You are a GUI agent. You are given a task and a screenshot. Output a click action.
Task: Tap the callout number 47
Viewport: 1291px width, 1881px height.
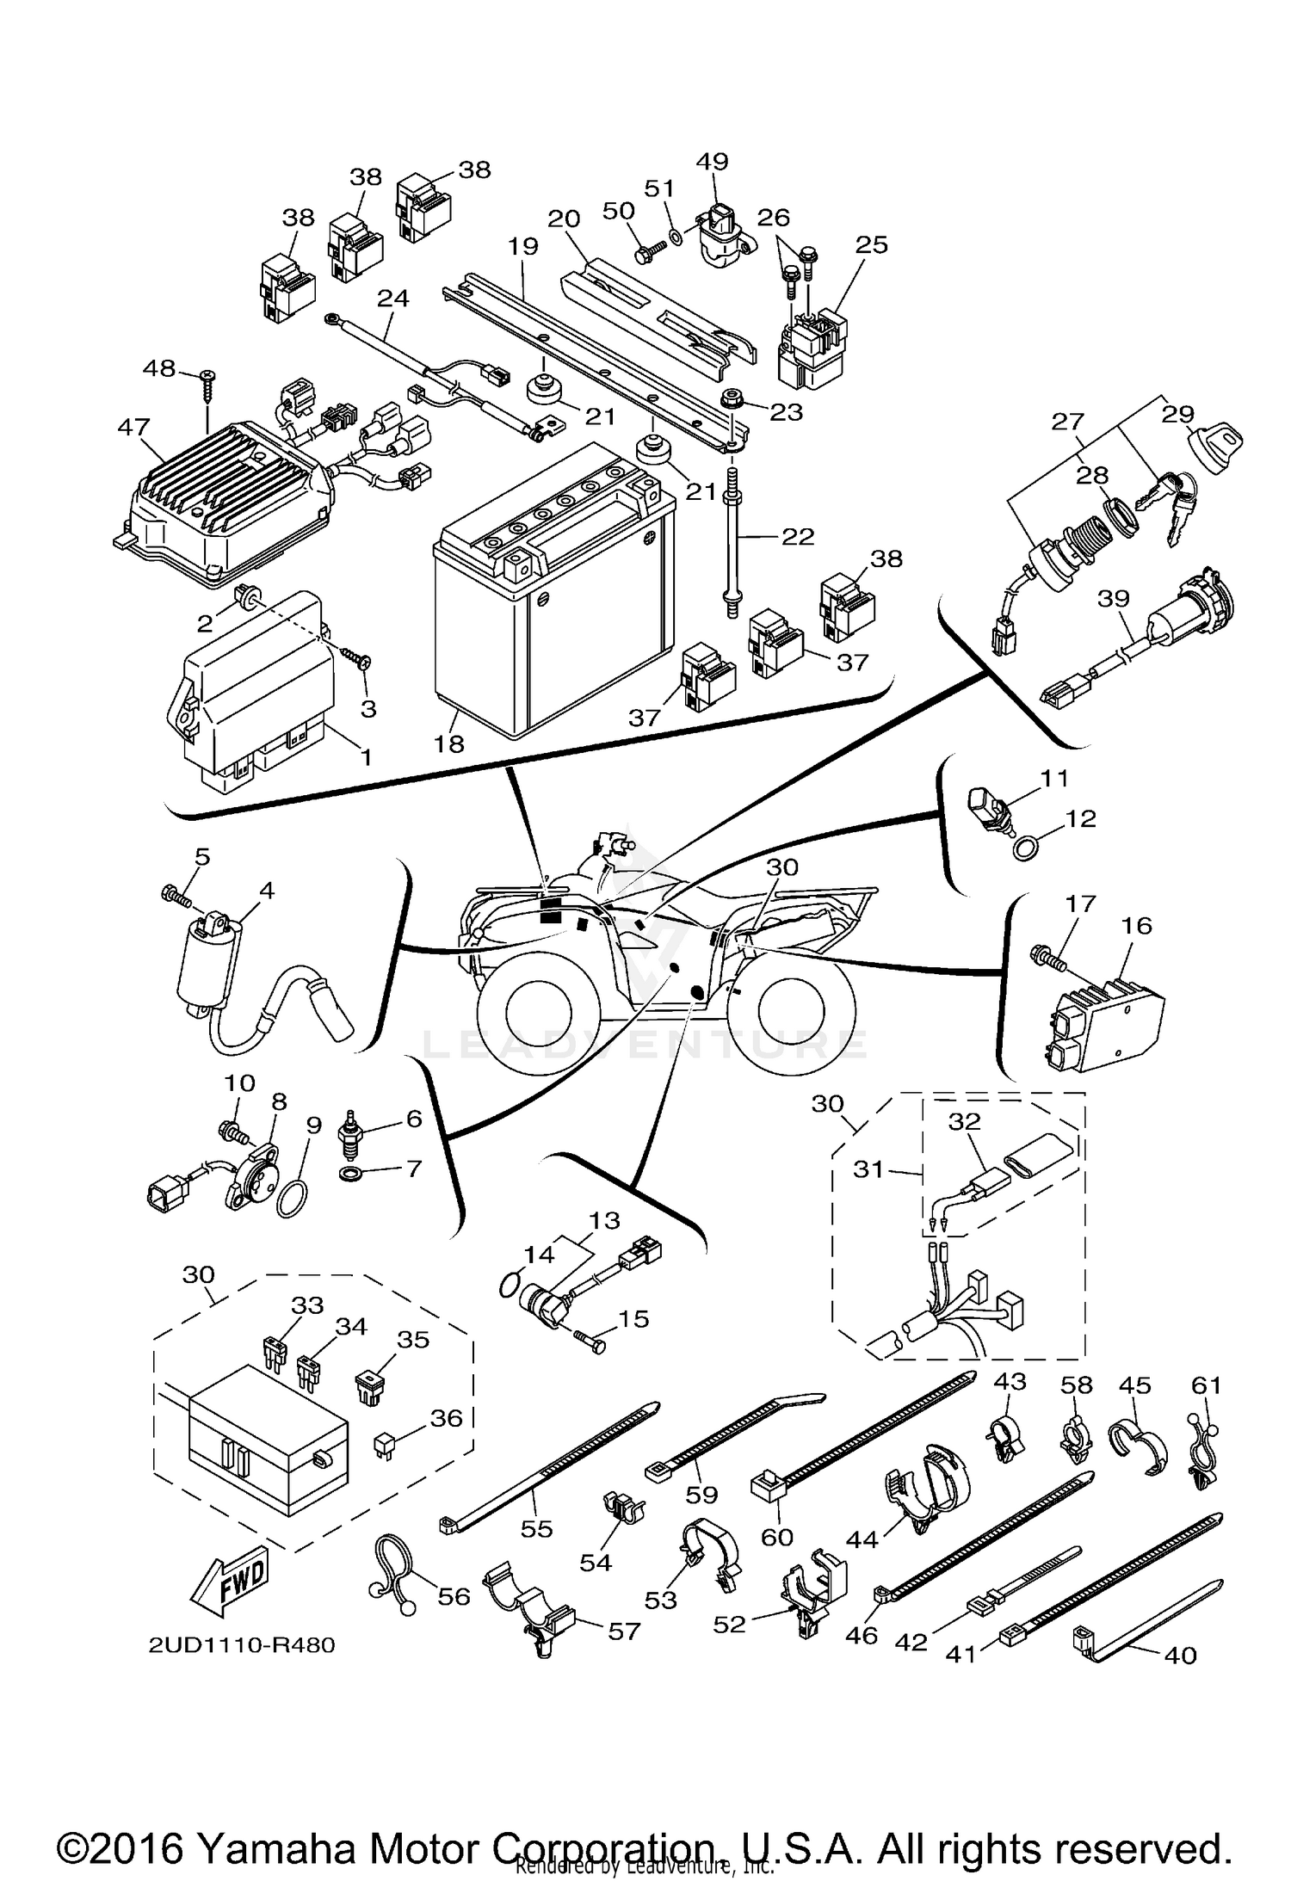[133, 428]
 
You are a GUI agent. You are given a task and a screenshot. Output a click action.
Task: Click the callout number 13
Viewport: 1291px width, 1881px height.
[604, 1219]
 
